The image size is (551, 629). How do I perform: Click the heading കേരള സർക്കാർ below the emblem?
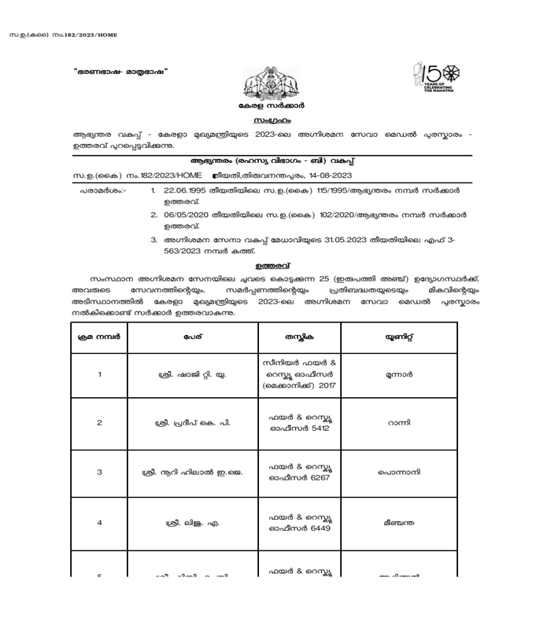272,105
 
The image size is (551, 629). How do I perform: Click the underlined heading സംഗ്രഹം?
272,121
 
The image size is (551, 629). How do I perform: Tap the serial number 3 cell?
99,473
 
